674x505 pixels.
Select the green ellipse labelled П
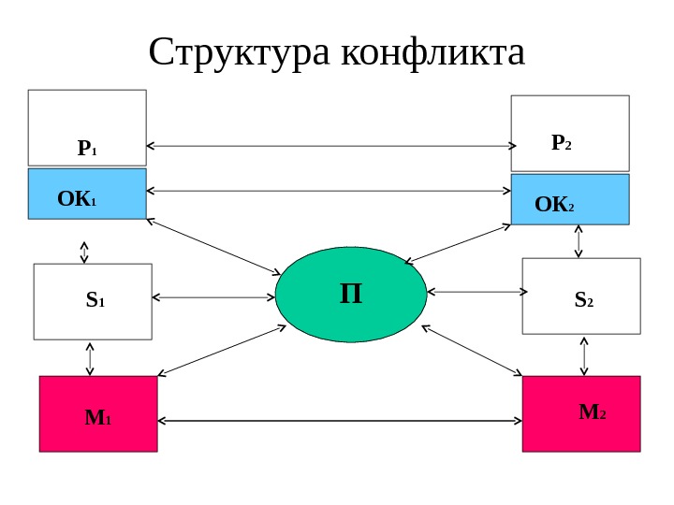point(351,295)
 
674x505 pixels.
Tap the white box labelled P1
point(87,127)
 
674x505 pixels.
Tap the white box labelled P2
point(570,133)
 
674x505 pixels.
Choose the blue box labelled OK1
point(87,194)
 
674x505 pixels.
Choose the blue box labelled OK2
point(570,199)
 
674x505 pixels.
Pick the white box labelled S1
point(93,301)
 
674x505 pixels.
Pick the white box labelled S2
point(581,296)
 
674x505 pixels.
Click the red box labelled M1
point(98,414)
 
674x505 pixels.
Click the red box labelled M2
point(581,414)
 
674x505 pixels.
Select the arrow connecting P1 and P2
point(332,146)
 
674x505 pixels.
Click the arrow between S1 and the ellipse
point(213,298)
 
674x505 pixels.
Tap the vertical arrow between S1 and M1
point(90,357)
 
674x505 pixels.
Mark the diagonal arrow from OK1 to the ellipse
point(213,247)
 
